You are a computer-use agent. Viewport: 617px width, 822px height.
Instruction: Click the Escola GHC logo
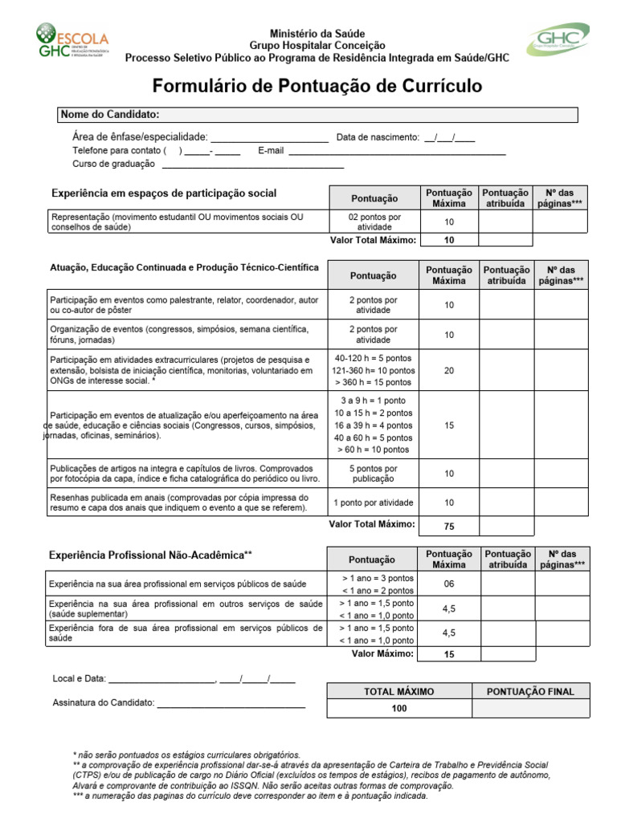[x=72, y=41]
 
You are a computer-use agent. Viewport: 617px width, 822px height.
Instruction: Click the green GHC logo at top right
[x=557, y=39]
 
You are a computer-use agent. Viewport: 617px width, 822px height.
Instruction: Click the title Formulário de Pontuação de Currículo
[x=317, y=86]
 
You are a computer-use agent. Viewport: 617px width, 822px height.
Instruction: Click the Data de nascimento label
[x=378, y=137]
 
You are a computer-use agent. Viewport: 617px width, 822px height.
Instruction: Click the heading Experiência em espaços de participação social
[x=164, y=193]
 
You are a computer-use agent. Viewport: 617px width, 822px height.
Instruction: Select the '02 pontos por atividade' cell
[x=374, y=222]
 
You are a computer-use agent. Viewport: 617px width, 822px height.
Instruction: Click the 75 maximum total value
[x=448, y=527]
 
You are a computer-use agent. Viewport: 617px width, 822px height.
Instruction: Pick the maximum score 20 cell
[x=448, y=370]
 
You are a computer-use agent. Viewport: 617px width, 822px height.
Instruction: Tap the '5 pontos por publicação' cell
[x=374, y=474]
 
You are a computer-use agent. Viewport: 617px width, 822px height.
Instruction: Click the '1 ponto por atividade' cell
[x=374, y=503]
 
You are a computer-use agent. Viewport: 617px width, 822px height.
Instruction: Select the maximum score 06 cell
[x=448, y=584]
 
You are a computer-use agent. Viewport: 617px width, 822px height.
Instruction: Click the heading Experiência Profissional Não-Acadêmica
[x=151, y=555]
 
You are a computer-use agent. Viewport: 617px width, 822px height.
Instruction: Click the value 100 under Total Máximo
[x=398, y=708]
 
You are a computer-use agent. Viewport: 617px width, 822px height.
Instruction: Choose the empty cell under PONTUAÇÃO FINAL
[x=530, y=708]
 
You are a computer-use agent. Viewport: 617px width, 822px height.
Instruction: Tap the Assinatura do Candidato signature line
[x=231, y=704]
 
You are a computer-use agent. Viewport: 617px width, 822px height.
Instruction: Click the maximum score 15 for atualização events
[x=448, y=425]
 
